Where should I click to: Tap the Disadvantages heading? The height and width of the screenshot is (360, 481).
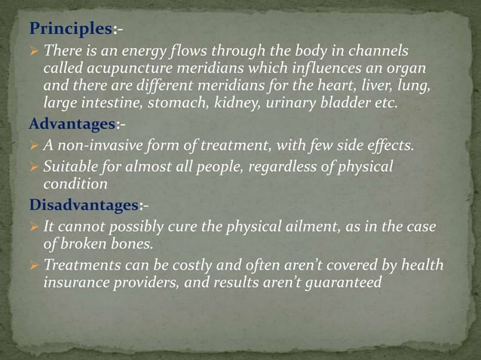coord(84,203)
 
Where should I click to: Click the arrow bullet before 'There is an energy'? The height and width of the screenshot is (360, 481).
coord(35,50)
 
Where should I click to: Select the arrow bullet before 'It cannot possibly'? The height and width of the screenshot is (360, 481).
coord(35,227)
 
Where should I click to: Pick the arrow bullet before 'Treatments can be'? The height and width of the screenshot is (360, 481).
coord(35,265)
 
